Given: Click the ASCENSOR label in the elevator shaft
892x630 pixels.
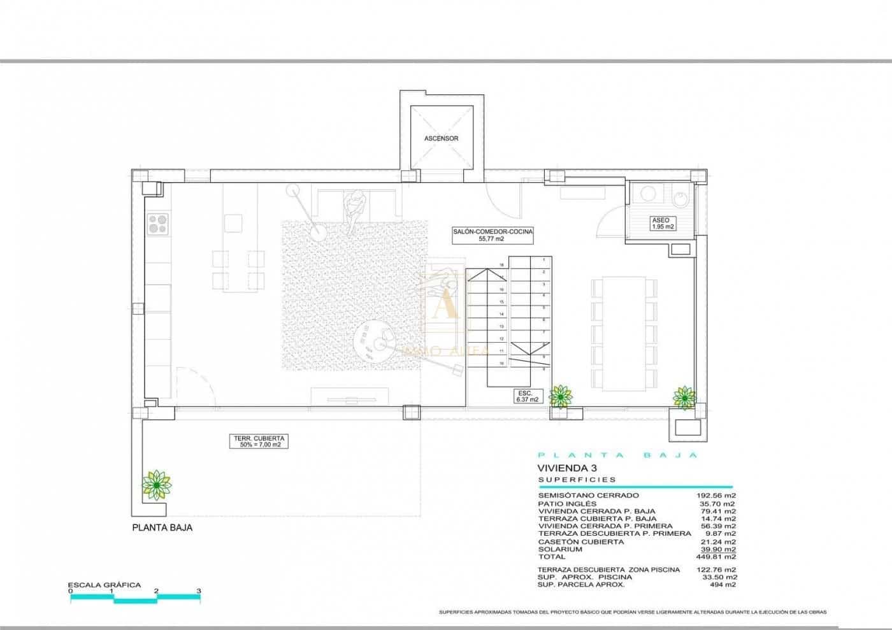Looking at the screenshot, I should tap(441, 138).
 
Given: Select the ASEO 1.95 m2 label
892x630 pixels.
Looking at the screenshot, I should tap(662, 223).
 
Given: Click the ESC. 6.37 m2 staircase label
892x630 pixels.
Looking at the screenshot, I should tap(528, 396).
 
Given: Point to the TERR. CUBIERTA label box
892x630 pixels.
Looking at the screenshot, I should tap(258, 441).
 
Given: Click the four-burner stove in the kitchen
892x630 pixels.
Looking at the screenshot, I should tap(158, 224).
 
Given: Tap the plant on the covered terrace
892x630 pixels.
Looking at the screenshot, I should tap(156, 485).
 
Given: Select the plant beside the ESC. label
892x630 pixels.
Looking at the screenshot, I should tap(560, 396).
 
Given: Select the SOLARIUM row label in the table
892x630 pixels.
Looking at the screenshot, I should tap(560, 549).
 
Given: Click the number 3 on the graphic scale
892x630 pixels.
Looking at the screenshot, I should tap(199, 591).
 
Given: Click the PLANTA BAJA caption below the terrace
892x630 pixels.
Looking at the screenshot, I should tap(162, 527).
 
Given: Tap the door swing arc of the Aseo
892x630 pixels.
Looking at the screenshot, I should tap(606, 220).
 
